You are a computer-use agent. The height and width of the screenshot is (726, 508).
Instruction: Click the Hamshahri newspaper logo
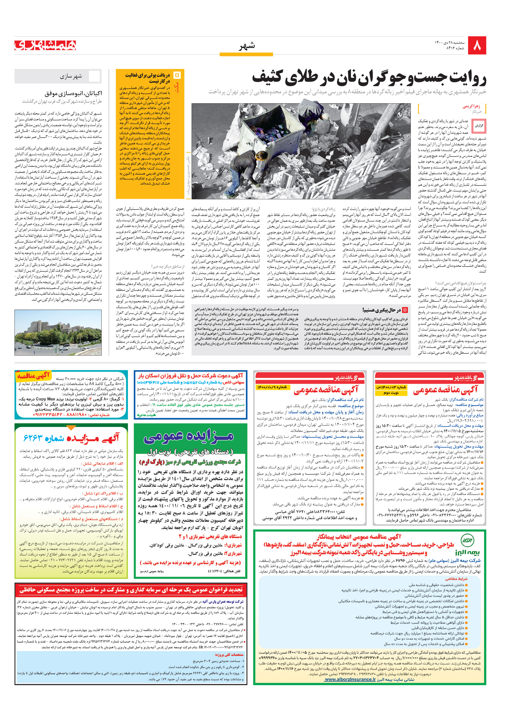click(x=45, y=45)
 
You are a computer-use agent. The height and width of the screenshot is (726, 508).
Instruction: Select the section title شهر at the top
click(x=247, y=46)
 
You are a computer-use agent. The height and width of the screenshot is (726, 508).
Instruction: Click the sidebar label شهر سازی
click(x=71, y=76)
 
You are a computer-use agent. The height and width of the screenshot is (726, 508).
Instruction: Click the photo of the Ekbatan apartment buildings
click(x=58, y=332)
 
